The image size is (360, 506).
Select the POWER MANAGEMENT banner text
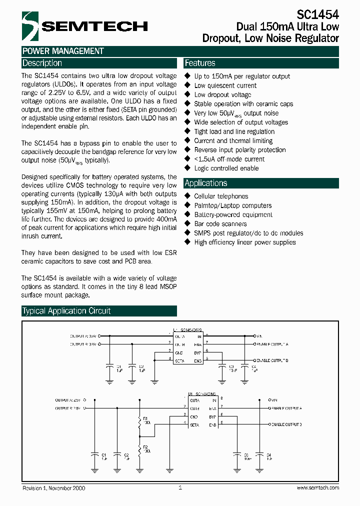click(63, 51)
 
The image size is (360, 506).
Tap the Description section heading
click(42, 63)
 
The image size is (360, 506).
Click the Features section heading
click(200, 63)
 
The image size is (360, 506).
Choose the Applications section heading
click(206, 183)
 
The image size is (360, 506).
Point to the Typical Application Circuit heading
click(66, 311)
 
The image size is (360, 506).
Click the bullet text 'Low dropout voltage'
click(222, 95)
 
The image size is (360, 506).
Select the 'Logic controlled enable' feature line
click(226, 168)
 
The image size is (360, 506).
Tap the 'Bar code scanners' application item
click(220, 224)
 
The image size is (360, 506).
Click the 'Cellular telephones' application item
click(221, 196)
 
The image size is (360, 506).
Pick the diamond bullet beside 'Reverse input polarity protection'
click(188, 150)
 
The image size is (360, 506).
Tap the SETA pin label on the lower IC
click(194, 425)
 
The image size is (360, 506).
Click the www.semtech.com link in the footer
click(318, 488)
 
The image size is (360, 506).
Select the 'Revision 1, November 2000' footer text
click(53, 488)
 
